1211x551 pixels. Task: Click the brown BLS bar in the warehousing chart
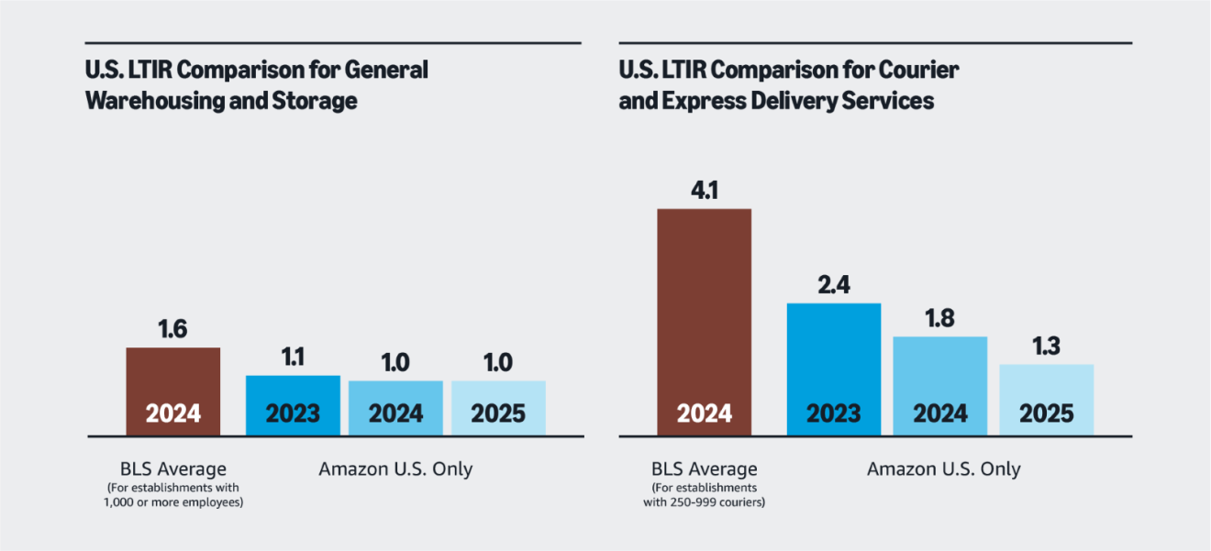(x=172, y=390)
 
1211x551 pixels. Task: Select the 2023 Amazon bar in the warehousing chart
(x=293, y=404)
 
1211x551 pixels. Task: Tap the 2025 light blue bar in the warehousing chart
(x=498, y=407)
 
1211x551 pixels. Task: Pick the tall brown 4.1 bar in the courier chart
(x=705, y=321)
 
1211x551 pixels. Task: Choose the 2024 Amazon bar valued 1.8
(x=939, y=385)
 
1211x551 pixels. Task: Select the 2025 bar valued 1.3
(x=1046, y=399)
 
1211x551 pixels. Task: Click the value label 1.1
(x=293, y=358)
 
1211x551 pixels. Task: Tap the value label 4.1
(x=705, y=191)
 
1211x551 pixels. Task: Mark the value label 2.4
(x=834, y=284)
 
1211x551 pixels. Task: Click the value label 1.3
(x=1046, y=347)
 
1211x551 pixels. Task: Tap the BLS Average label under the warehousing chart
(x=174, y=469)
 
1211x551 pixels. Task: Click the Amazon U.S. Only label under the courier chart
(x=943, y=469)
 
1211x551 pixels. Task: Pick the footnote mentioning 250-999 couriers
(x=705, y=501)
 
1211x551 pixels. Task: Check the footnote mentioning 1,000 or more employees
(x=174, y=501)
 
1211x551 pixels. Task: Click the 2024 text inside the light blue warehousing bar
(x=395, y=413)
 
